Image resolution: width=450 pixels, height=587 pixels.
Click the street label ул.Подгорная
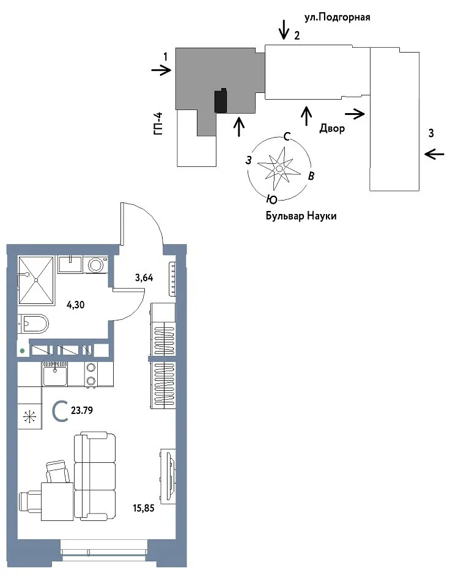pyautogui.click(x=337, y=18)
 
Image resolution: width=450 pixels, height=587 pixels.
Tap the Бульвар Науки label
pyautogui.click(x=301, y=216)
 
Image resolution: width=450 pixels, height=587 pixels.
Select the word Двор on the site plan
pyautogui.click(x=332, y=128)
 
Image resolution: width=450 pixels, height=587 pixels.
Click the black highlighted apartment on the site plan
pyautogui.click(x=221, y=100)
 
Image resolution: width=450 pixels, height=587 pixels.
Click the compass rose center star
pyautogui.click(x=279, y=169)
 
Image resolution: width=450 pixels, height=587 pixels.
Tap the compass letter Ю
pyautogui.click(x=272, y=200)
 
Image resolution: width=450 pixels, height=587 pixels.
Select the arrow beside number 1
pyautogui.click(x=161, y=70)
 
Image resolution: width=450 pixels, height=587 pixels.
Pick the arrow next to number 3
pyautogui.click(x=435, y=153)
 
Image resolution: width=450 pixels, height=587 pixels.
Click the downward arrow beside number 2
pyautogui.click(x=284, y=29)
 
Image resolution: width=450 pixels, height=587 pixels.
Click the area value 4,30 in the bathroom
pyautogui.click(x=76, y=305)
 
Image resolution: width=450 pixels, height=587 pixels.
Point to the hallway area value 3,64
pyautogui.click(x=144, y=278)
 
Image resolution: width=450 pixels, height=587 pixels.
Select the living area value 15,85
pyautogui.click(x=144, y=508)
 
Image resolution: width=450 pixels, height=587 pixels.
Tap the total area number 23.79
pyautogui.click(x=82, y=411)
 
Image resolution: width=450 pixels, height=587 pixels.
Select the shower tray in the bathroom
pyautogui.click(x=36, y=279)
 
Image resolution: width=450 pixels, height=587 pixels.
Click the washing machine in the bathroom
pyautogui.click(x=96, y=265)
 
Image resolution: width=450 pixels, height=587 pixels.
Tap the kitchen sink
pyautogui.click(x=55, y=375)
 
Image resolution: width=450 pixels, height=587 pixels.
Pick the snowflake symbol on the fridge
pyautogui.click(x=29, y=416)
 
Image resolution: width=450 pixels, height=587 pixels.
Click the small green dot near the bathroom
pyautogui.click(x=23, y=351)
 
